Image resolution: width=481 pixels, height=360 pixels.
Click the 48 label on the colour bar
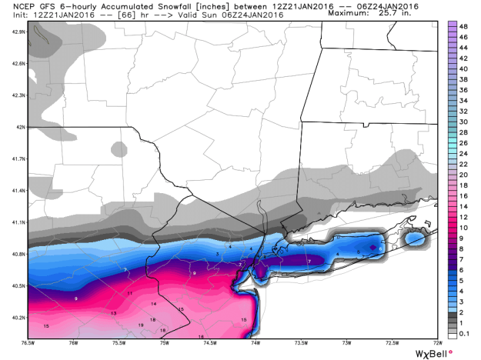tap(464, 26)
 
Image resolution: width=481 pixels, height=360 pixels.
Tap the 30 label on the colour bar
tap(464, 122)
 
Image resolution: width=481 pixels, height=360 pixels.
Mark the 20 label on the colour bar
tap(464, 175)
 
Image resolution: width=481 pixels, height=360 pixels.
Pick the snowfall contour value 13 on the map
tap(113, 314)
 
